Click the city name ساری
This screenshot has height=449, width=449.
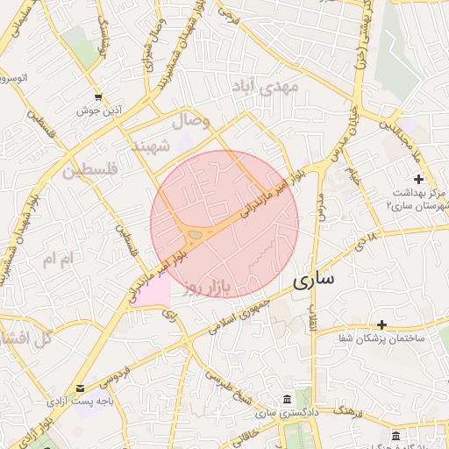311,281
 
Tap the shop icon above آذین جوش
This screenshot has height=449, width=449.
98,97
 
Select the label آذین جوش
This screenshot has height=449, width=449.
98,111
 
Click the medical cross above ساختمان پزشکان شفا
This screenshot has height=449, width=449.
381,325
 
